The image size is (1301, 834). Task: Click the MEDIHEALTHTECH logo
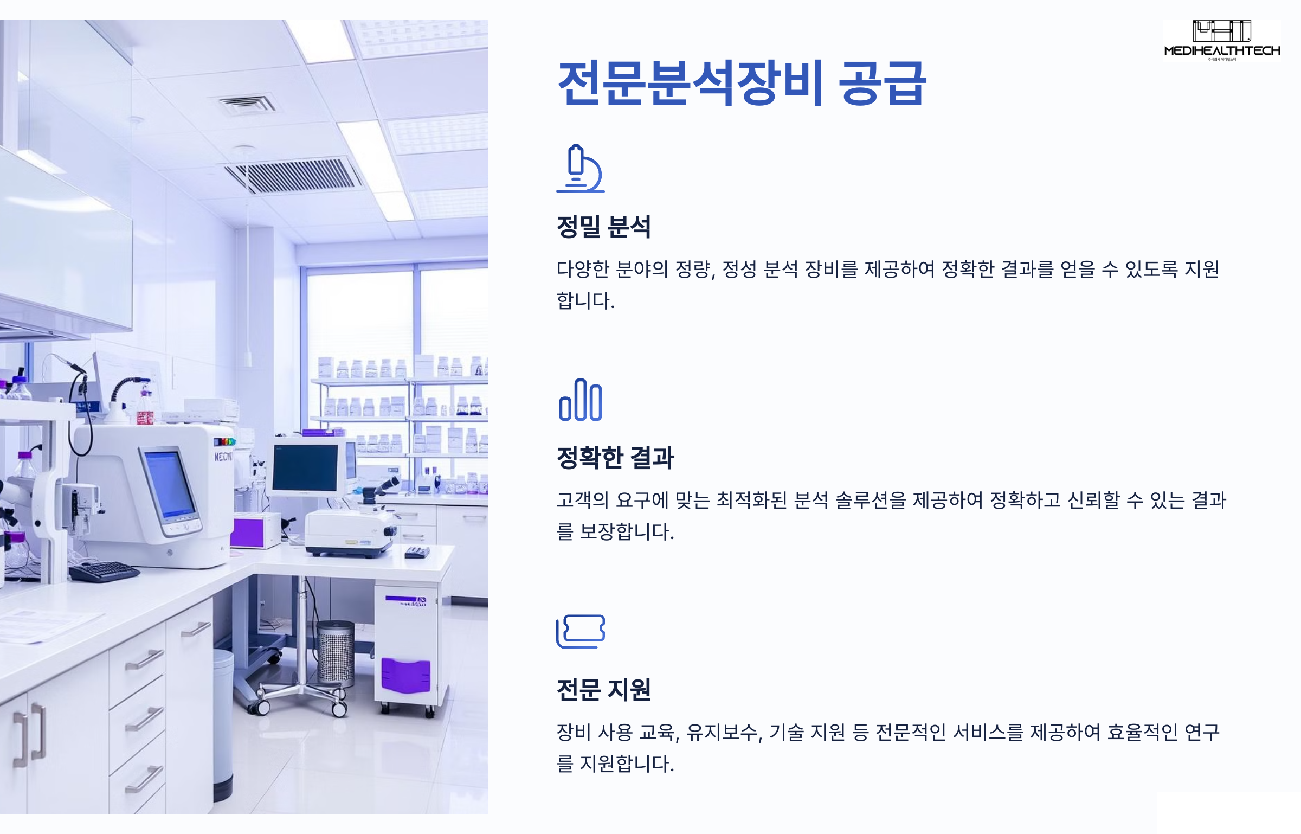1222,41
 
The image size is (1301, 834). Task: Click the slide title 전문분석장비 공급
742,83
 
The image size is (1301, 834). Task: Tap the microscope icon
580,169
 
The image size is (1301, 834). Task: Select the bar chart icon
580,400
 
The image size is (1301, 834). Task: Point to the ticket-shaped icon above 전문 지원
581,631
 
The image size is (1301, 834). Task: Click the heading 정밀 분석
603,227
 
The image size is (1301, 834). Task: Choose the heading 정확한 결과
615,458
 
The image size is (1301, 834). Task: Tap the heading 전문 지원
603,690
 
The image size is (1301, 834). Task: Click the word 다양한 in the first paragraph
583,269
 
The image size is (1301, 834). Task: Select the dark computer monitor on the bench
305,467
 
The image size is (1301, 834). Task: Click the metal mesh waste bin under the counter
336,652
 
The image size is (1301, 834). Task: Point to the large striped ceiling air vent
293,175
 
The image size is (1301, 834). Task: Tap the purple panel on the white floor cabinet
405,676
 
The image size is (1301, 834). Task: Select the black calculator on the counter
417,553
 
